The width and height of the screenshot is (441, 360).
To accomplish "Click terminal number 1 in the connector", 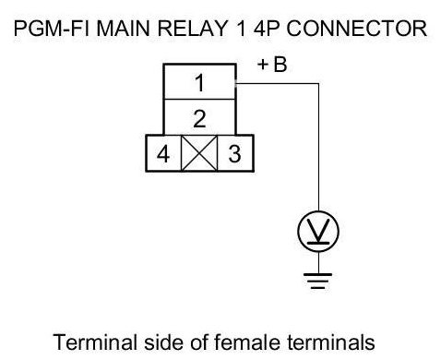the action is coord(200,82).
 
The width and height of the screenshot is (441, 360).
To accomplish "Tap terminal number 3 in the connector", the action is coord(234,153).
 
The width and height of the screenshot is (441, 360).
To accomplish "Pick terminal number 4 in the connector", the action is coord(163,154).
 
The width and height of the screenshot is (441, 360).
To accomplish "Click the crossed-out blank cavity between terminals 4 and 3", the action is coord(199,153).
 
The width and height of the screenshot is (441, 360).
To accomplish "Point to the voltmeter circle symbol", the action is coord(318,232).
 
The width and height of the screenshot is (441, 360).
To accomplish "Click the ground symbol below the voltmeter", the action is coord(318,281).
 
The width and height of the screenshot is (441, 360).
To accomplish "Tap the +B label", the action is coord(272,65).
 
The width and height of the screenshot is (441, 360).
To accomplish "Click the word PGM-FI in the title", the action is coord(53,29).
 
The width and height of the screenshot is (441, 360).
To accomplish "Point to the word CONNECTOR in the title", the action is coord(357,29).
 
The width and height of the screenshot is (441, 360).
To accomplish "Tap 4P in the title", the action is coord(267,29).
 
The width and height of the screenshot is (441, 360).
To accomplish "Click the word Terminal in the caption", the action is coord(95,342).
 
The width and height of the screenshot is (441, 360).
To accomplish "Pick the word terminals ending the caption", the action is coord(332,342).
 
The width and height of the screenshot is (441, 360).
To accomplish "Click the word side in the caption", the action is coord(164,342).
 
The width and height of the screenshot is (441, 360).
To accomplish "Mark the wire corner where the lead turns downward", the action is coord(318,83).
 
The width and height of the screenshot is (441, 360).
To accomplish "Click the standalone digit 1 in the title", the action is coord(242,29).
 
